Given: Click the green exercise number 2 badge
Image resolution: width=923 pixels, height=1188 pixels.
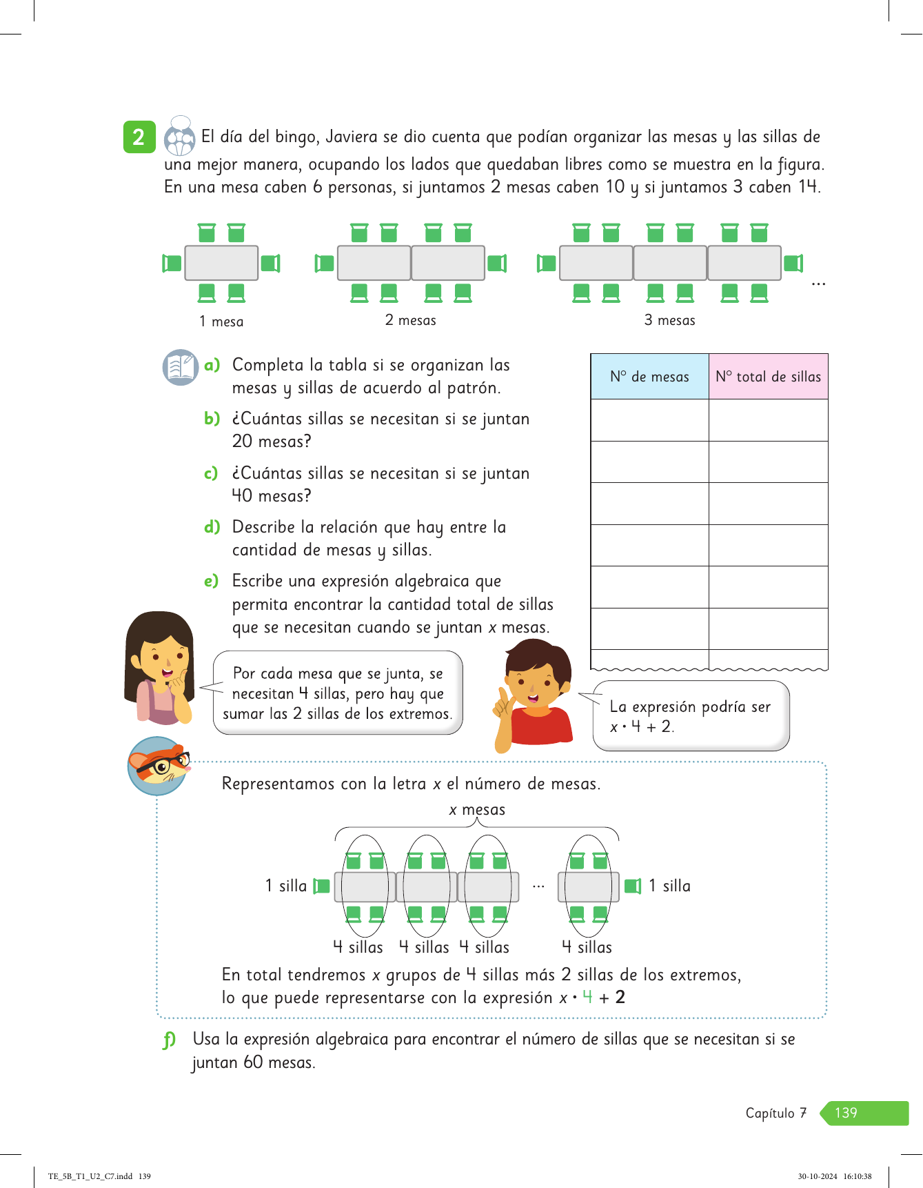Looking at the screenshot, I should [x=139, y=137].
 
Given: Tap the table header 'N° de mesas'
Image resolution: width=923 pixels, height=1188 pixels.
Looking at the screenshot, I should [x=649, y=377].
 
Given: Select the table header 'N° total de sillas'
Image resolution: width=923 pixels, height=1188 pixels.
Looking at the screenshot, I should [x=768, y=377].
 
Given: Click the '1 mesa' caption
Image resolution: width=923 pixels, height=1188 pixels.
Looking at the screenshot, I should [x=221, y=321].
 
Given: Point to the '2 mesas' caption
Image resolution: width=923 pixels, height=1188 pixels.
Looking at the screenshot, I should [x=410, y=320].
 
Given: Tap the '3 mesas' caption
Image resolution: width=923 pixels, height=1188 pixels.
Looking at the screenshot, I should [x=669, y=320].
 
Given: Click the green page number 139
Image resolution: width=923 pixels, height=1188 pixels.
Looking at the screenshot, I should [x=846, y=1113].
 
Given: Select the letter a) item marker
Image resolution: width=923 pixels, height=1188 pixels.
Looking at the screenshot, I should [x=212, y=365].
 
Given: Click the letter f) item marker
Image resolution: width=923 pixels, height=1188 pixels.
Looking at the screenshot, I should [x=169, y=1040].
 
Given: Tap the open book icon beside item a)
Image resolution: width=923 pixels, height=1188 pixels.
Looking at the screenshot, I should [x=181, y=367].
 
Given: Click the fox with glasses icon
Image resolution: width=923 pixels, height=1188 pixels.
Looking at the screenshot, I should [x=159, y=765].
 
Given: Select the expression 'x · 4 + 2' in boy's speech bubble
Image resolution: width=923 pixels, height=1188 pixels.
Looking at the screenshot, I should [x=641, y=726].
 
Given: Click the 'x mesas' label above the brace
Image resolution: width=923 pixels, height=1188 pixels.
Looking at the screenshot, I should [x=477, y=810].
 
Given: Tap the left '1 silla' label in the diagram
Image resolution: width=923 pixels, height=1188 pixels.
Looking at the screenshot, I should [x=285, y=886].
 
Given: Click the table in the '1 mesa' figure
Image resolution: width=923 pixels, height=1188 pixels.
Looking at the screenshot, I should [x=221, y=263].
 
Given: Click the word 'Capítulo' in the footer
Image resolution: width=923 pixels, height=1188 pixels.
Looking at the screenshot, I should [x=769, y=1113].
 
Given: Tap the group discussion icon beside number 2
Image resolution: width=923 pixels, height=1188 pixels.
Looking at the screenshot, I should [x=180, y=136].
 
